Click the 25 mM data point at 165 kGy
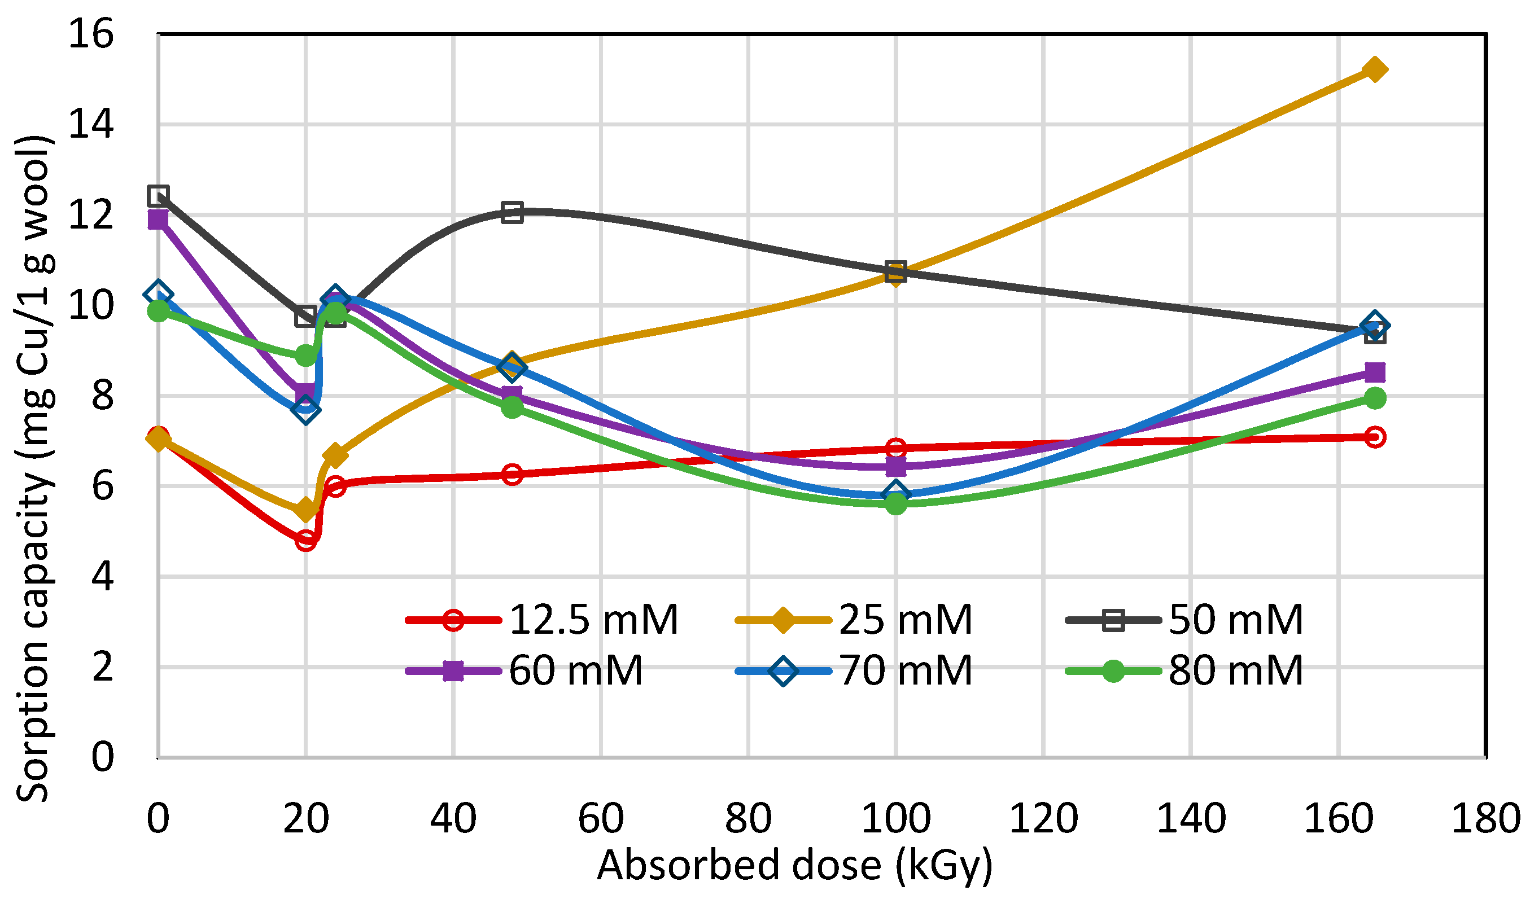pyautogui.click(x=1375, y=69)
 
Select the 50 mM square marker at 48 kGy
pyautogui.click(x=512, y=212)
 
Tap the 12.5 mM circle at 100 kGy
pyautogui.click(x=895, y=449)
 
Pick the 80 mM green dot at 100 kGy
pyautogui.click(x=895, y=503)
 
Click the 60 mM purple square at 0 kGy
pyautogui.click(x=158, y=219)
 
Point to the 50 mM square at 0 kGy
pyautogui.click(x=158, y=195)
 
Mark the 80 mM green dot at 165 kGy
pyautogui.click(x=1375, y=398)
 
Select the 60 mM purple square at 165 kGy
pyautogui.click(x=1375, y=372)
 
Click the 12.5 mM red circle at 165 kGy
pyautogui.click(x=1375, y=437)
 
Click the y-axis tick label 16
pyautogui.click(x=90, y=33)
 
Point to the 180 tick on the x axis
pyautogui.click(x=1485, y=819)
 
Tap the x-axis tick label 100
pyautogui.click(x=895, y=819)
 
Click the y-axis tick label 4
pyautogui.click(x=102, y=576)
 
